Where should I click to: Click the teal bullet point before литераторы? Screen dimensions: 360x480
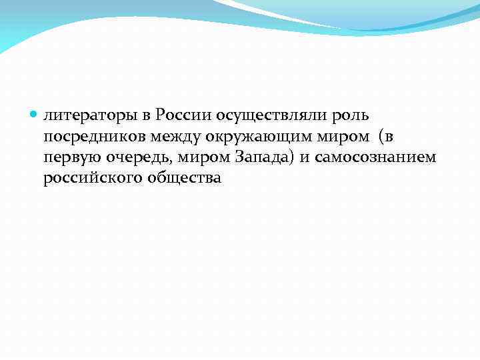[x=35, y=115]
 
